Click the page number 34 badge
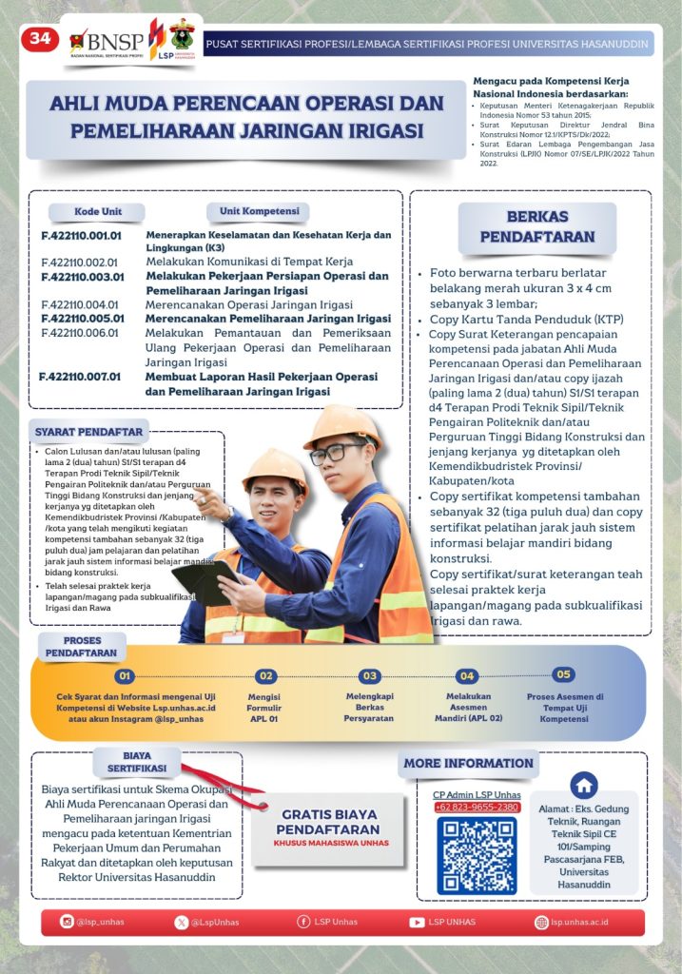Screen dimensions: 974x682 click(40, 39)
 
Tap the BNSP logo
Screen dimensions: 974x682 click(107, 41)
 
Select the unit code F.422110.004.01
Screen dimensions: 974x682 click(80, 304)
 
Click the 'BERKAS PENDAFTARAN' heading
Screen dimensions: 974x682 click(536, 226)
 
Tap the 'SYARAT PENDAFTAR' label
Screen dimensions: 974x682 click(89, 432)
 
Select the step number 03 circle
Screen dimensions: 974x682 click(370, 676)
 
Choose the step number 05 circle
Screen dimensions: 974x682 click(564, 674)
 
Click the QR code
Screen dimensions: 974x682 click(477, 855)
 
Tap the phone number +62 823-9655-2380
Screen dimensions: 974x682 click(477, 807)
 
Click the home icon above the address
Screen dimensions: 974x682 click(583, 786)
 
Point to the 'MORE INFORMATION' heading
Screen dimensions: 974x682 click(468, 763)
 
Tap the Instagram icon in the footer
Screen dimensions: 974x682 click(67, 922)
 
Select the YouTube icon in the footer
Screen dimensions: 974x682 click(417, 922)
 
